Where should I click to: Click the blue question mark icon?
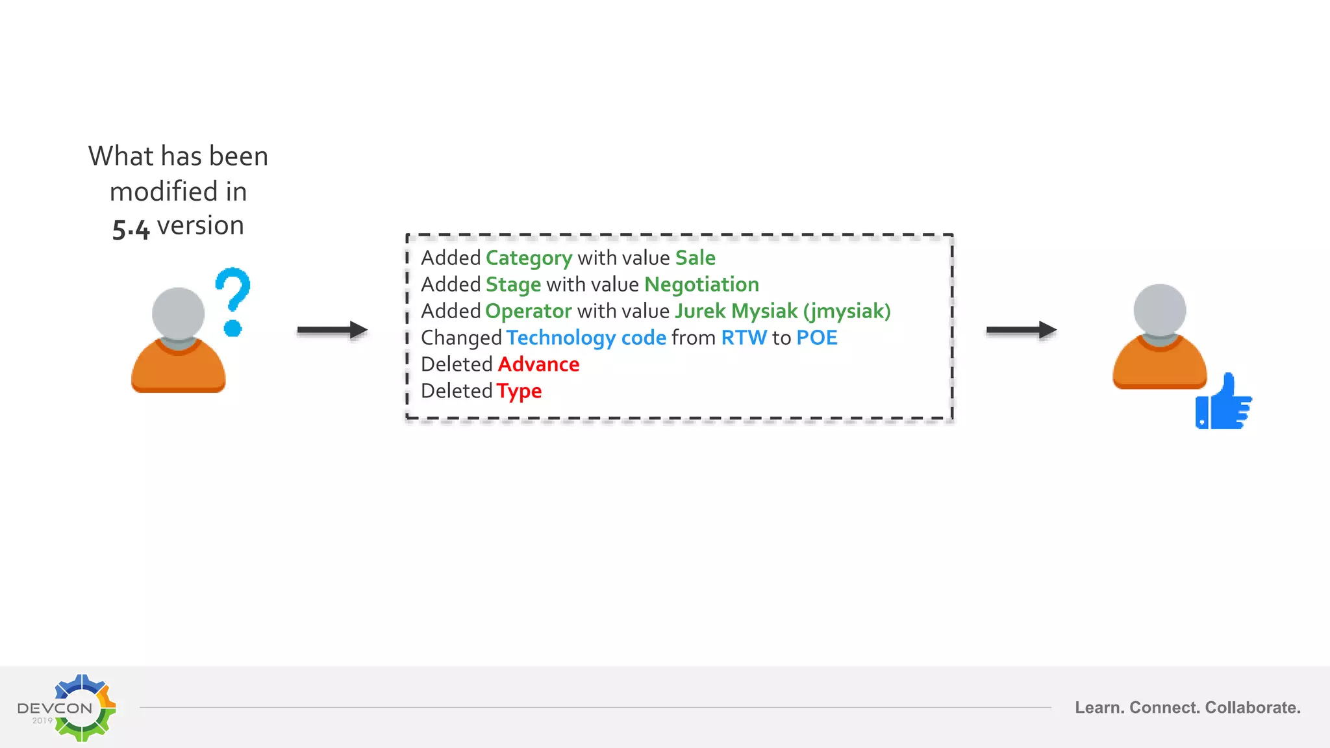pyautogui.click(x=232, y=301)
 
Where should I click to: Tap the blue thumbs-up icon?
pyautogui.click(x=1223, y=402)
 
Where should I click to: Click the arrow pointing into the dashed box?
pyautogui.click(x=332, y=330)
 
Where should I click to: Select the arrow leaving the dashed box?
pyautogui.click(x=1021, y=330)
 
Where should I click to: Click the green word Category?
pyautogui.click(x=529, y=258)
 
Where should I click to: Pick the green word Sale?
pyautogui.click(x=695, y=258)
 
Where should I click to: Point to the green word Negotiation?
pyautogui.click(x=701, y=284)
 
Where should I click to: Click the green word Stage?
pyautogui.click(x=513, y=284)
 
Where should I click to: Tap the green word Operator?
pyautogui.click(x=528, y=311)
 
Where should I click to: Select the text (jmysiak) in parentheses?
pyautogui.click(x=847, y=311)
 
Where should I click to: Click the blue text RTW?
pyautogui.click(x=744, y=338)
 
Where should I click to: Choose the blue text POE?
pyautogui.click(x=816, y=338)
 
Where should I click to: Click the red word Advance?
pyautogui.click(x=538, y=364)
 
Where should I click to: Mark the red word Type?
pyautogui.click(x=519, y=392)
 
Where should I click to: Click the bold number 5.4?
pyautogui.click(x=131, y=229)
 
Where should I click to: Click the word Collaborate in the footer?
pyautogui.click(x=1252, y=708)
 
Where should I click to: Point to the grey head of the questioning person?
pyautogui.click(x=178, y=314)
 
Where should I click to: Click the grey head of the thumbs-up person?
pyautogui.click(x=1159, y=310)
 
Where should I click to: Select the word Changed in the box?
pyautogui.click(x=461, y=338)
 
